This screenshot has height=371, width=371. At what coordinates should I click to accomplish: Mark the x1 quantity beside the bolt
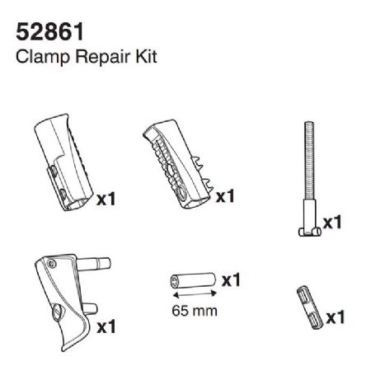(x=333, y=223)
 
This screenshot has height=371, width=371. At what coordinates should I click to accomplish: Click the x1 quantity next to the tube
(x=232, y=281)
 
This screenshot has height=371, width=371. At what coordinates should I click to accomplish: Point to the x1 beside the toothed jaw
(x=226, y=198)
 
